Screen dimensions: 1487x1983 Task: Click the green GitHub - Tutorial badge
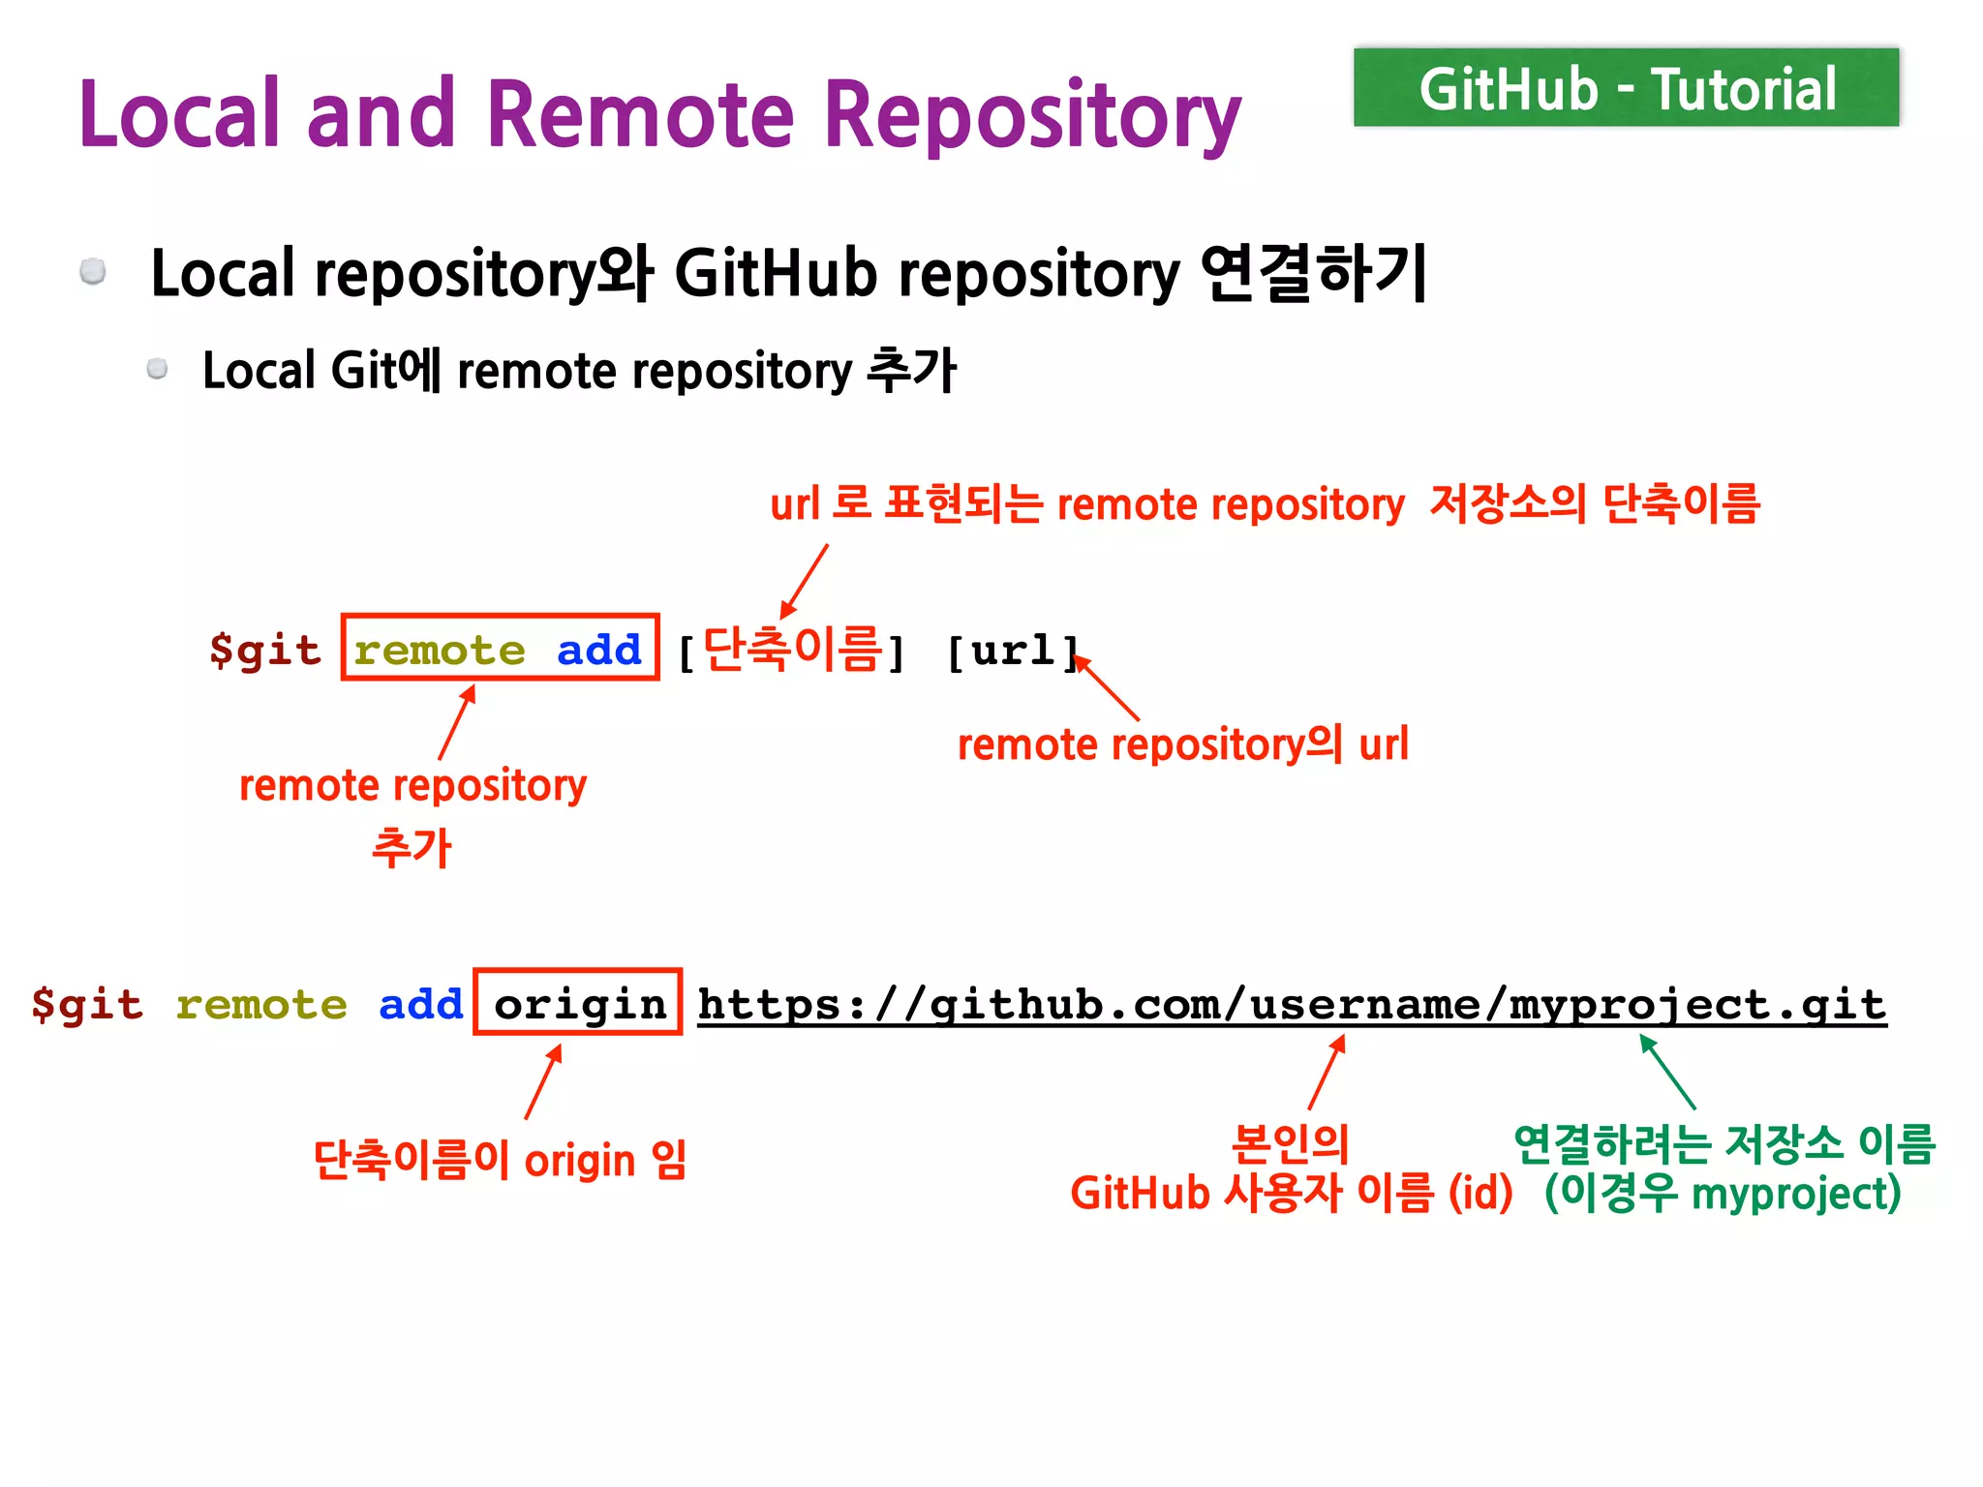point(1626,88)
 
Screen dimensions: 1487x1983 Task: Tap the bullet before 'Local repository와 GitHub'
point(93,271)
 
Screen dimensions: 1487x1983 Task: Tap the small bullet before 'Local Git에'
point(157,369)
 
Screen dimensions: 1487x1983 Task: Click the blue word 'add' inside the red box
point(599,650)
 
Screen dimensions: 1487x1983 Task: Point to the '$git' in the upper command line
point(264,650)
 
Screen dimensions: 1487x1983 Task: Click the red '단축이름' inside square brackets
point(792,649)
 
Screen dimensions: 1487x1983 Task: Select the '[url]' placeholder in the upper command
point(1012,651)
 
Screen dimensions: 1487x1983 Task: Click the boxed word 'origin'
point(579,1004)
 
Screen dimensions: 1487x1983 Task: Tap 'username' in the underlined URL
point(1364,1004)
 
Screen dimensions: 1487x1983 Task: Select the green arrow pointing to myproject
point(1667,1072)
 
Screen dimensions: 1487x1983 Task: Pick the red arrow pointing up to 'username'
point(1327,1072)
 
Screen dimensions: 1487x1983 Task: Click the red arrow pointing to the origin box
point(543,1081)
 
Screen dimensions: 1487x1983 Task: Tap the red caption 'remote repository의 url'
point(1182,744)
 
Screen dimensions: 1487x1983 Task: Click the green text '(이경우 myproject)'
point(1723,1193)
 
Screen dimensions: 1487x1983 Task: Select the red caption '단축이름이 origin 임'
point(500,1159)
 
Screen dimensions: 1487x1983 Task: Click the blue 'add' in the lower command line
point(420,1004)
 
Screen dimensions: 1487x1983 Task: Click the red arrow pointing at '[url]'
point(1108,688)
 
